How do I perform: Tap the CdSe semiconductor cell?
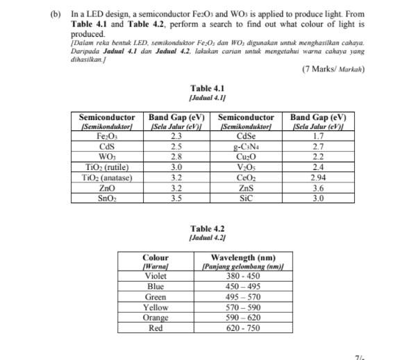(x=246, y=137)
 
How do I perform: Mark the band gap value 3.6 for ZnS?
(x=318, y=187)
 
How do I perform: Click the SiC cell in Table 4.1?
(x=246, y=198)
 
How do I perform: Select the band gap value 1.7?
(x=318, y=137)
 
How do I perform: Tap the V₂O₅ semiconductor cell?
(x=246, y=167)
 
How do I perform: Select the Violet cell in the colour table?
(x=155, y=276)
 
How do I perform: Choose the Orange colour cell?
(x=155, y=318)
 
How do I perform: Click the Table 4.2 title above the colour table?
(x=208, y=228)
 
